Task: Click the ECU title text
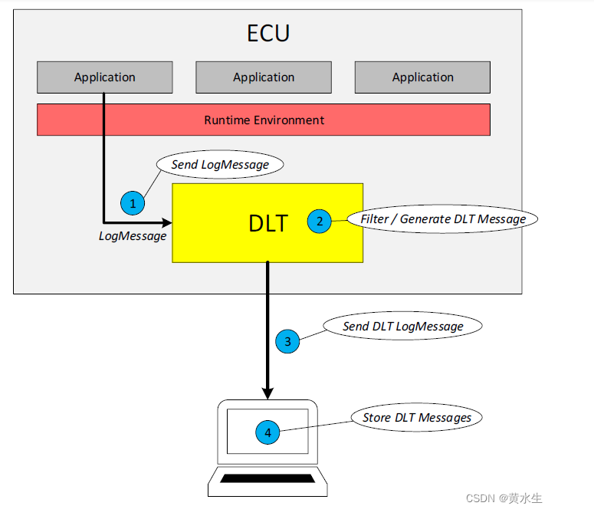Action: click(x=268, y=34)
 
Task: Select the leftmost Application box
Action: click(x=105, y=77)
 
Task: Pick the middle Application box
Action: click(x=264, y=77)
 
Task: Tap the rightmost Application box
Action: click(x=422, y=77)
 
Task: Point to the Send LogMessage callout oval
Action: click(x=219, y=164)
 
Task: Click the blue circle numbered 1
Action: click(x=133, y=203)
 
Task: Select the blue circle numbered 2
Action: click(x=319, y=222)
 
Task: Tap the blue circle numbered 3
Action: click(x=287, y=342)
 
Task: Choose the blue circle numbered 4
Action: click(x=267, y=433)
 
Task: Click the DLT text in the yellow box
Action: click(x=268, y=223)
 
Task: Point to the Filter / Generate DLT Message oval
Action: click(x=443, y=219)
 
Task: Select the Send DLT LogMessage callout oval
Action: click(x=402, y=326)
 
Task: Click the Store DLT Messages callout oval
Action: click(x=417, y=417)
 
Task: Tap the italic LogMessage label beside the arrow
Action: click(x=133, y=236)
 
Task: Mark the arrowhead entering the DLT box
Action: click(x=166, y=222)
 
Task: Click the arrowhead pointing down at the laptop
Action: click(x=267, y=393)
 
